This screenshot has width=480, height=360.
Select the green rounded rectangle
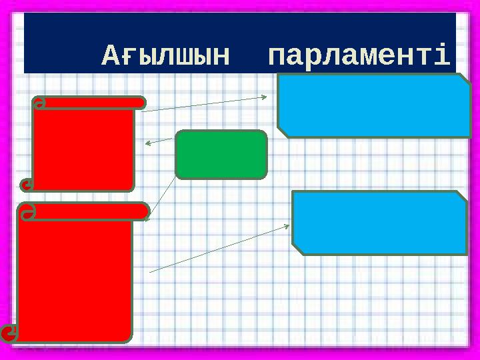[221, 155]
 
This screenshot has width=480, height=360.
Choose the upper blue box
[374, 105]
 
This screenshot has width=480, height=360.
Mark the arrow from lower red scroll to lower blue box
[220, 248]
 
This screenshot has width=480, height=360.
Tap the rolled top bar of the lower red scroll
[83, 211]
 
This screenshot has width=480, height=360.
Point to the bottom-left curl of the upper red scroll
[27, 185]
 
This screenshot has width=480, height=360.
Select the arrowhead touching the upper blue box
[263, 97]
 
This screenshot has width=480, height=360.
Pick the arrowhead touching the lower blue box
[287, 226]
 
